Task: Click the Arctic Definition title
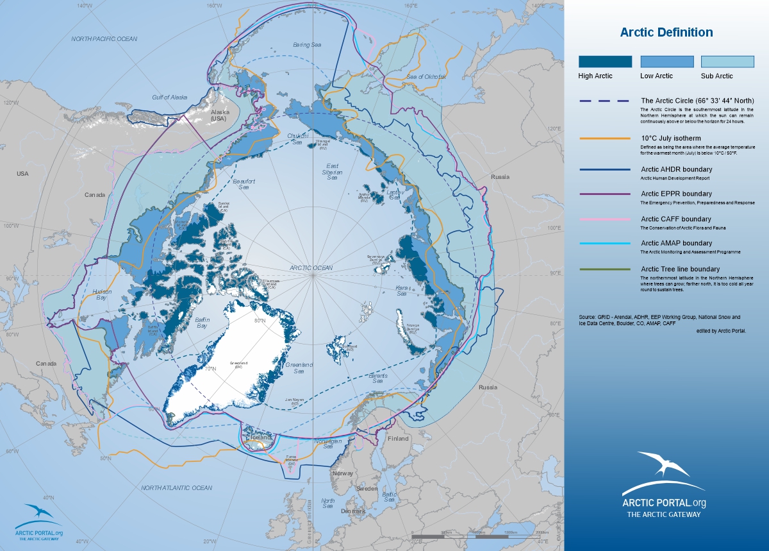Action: [666, 33]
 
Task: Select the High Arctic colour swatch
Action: [605, 62]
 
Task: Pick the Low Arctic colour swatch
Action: [666, 62]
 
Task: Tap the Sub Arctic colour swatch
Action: [727, 62]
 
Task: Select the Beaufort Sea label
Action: [243, 185]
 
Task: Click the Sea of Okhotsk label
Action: [426, 77]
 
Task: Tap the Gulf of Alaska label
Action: [169, 97]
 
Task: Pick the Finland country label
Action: [397, 439]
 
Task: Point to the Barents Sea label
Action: [377, 378]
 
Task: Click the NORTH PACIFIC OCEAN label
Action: [104, 39]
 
